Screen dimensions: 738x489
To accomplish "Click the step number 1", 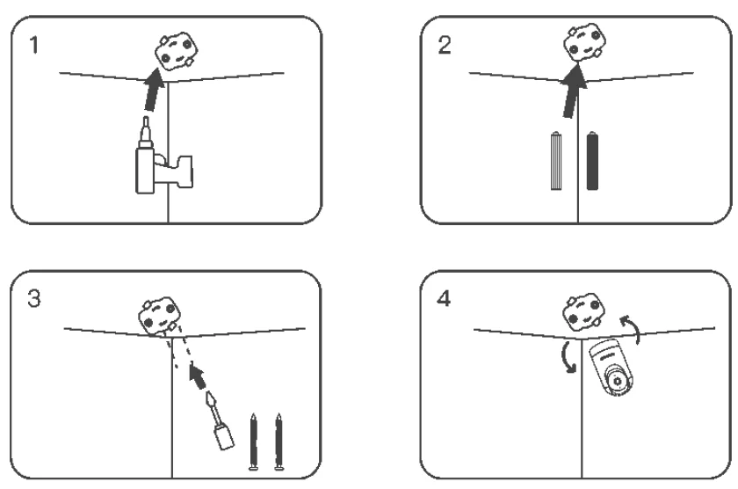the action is [33, 45].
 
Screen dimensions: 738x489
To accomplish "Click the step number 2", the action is [444, 45].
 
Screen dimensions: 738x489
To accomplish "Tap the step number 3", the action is [34, 299].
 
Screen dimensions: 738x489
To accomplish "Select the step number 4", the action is [444, 299].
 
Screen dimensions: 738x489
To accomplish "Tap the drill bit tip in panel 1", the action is [146, 118].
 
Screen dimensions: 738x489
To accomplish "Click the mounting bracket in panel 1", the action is [176, 51].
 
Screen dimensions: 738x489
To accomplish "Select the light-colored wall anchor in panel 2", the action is [556, 161].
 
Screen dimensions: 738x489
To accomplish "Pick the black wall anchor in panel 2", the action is [592, 161].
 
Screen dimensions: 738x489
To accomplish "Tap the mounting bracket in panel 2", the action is [584, 42].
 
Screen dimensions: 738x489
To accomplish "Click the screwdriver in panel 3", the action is [220, 420].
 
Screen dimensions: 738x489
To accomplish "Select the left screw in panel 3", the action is [253, 442].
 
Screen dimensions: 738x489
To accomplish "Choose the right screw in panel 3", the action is [279, 442].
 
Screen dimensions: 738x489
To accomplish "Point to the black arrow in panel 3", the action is [199, 376].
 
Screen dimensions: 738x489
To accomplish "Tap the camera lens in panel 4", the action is [618, 381].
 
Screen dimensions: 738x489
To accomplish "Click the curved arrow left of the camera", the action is [566, 358].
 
